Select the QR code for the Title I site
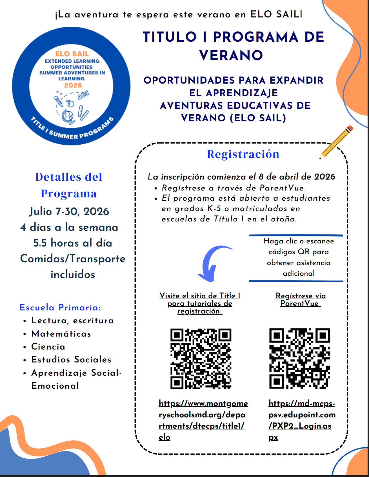coord(201,359)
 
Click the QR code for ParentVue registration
coord(300,359)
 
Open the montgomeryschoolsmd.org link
coord(203,420)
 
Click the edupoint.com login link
coord(302,420)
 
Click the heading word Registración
coord(243,154)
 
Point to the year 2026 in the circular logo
coord(73,85)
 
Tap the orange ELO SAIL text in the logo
coord(72,54)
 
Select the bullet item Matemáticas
coord(61,334)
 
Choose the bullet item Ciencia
coord(48,347)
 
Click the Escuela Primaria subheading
coord(60,307)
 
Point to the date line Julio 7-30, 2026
coord(69,211)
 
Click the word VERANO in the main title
coord(231,55)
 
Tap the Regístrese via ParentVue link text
coord(301,299)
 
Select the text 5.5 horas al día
coord(73,243)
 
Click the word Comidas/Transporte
coord(73,259)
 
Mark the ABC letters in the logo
coord(83,95)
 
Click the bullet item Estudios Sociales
coord(71,360)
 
